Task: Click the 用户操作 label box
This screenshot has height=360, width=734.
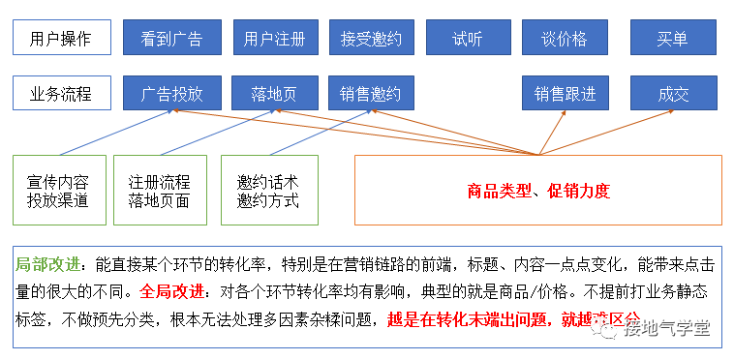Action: [61, 39]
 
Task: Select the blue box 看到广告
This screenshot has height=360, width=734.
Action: [171, 39]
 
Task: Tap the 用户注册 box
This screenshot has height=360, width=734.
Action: [275, 39]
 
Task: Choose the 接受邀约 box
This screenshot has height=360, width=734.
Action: [371, 39]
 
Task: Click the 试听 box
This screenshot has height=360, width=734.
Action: [468, 39]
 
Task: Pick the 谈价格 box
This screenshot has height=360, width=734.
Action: [565, 39]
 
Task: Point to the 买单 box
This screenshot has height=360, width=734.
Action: [673, 39]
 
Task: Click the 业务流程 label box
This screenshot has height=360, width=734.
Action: [61, 94]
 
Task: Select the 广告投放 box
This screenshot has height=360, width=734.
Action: [171, 94]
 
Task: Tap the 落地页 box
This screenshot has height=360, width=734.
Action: [275, 94]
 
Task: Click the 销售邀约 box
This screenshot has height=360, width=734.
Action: [371, 94]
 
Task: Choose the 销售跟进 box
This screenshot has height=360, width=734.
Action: [565, 94]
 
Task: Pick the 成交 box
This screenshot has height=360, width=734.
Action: [673, 94]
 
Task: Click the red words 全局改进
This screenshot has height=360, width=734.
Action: [172, 289]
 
